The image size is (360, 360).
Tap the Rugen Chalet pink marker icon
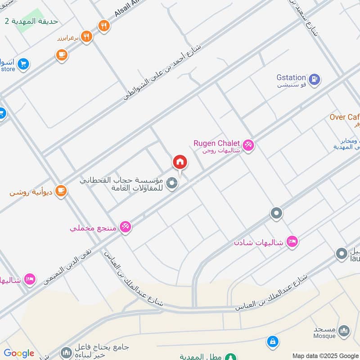point(248,145)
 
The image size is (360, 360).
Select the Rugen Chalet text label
point(216,143)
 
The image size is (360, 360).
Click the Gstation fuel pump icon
point(315,79)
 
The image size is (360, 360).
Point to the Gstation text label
point(291,77)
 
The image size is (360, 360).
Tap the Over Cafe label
point(345,117)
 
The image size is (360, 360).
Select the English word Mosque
point(324,336)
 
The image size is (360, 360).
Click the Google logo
point(19,353)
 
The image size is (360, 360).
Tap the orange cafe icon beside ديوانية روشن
point(61,191)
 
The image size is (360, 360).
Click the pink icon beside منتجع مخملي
point(126,227)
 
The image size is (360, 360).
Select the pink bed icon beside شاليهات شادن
point(292,242)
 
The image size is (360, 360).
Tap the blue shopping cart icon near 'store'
point(23,64)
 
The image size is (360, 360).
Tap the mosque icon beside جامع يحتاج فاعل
point(66,351)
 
